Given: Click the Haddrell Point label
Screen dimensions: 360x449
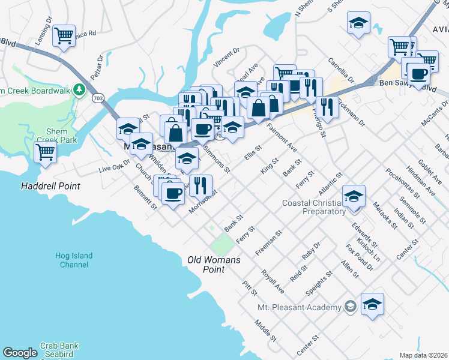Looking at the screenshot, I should [x=50, y=186].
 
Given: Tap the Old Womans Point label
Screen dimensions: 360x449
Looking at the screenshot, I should [x=214, y=265].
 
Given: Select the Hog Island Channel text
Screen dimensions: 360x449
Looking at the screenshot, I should [x=74, y=260].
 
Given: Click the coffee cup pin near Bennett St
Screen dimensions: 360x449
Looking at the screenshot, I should [x=173, y=193].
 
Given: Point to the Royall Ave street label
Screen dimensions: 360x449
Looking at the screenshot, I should [x=273, y=281].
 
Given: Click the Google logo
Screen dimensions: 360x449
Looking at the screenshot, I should [x=20, y=353].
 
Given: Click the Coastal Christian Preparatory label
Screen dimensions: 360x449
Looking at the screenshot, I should [x=314, y=207].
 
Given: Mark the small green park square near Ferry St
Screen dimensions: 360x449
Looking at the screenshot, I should [x=221, y=244].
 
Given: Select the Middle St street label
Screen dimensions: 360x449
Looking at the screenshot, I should [x=265, y=330].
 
